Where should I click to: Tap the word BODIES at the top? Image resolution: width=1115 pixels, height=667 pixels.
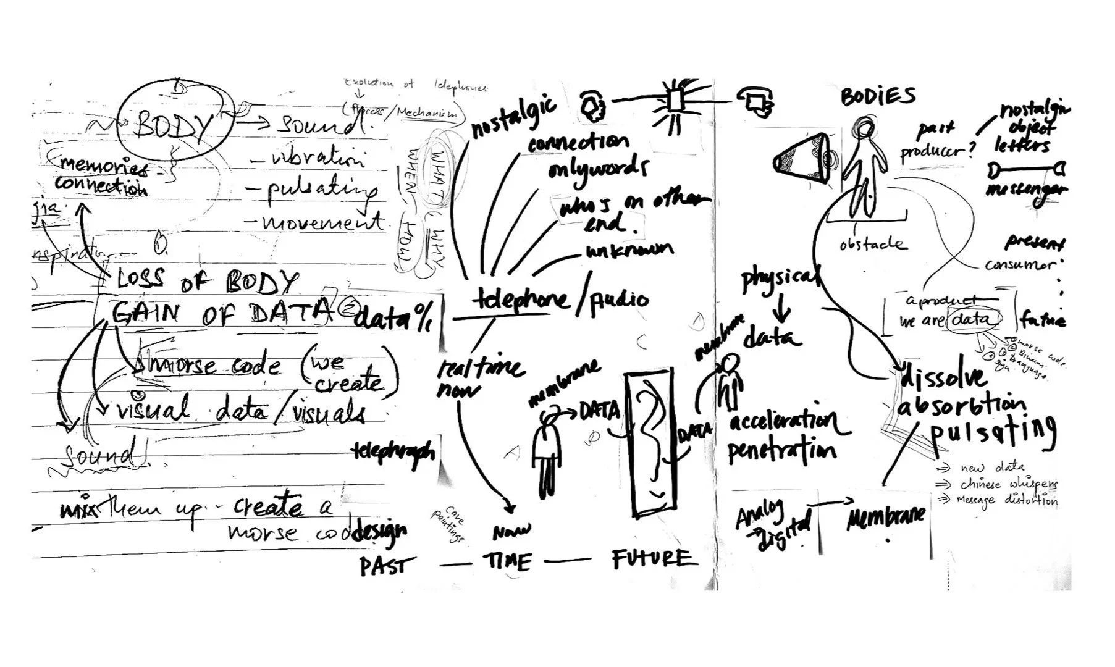877,96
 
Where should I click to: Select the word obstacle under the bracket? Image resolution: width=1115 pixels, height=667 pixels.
873,244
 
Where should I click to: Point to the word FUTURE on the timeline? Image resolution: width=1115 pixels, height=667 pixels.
652,559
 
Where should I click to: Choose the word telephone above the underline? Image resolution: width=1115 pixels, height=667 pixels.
521,300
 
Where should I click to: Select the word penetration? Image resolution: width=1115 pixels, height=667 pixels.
782,451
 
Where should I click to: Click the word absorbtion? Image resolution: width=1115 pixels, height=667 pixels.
961,406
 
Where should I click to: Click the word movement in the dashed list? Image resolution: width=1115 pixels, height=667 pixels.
322,222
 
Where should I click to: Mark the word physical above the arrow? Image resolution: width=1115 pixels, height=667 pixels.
780,279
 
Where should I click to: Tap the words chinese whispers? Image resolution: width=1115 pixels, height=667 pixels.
1008,484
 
